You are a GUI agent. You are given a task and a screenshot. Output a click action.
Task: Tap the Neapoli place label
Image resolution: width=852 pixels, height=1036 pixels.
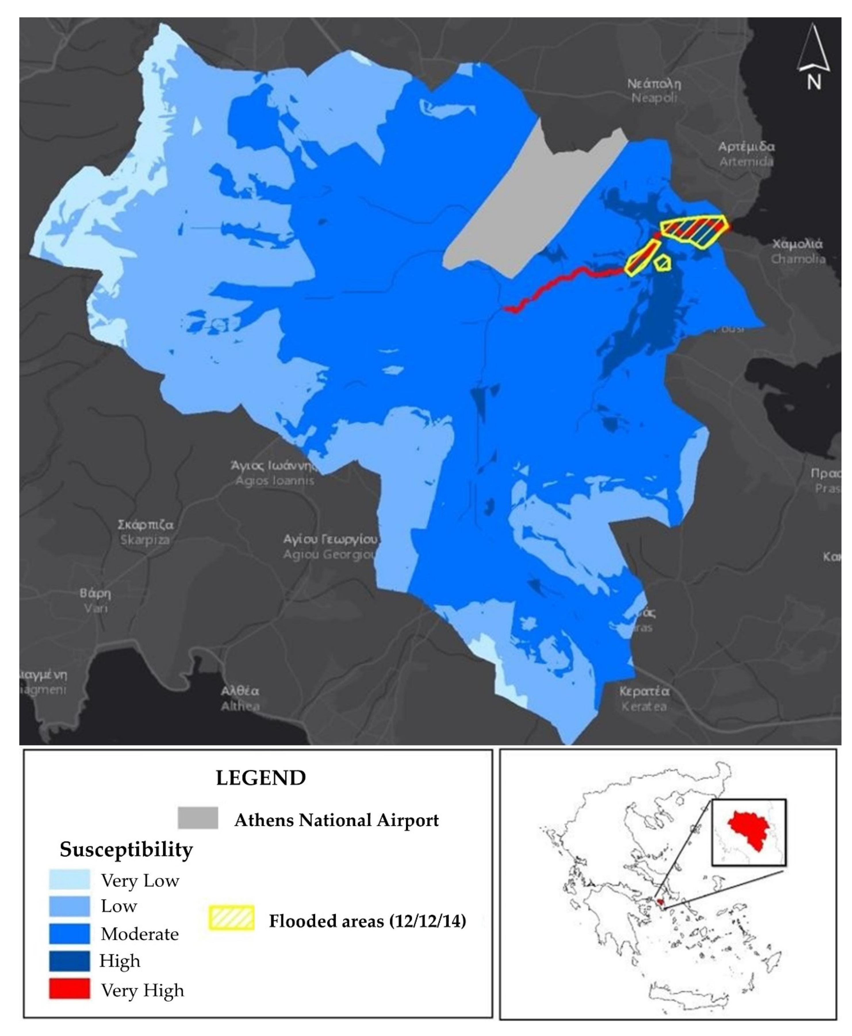tap(654, 91)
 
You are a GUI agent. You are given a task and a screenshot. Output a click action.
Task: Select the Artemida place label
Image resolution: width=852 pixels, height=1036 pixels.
tap(746, 154)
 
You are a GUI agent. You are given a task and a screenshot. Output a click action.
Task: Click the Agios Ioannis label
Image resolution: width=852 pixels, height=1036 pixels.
tap(274, 473)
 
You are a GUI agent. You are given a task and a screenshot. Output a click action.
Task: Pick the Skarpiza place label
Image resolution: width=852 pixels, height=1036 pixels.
tap(145, 532)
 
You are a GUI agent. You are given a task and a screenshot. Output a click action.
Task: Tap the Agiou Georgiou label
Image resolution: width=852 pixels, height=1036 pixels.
tap(330, 547)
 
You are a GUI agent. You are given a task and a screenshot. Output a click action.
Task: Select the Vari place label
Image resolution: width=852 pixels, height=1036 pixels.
tap(96, 601)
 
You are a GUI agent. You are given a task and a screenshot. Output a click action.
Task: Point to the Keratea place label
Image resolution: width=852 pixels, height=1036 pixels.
tap(644, 699)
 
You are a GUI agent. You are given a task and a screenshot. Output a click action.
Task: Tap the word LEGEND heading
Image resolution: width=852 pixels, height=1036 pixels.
tap(261, 778)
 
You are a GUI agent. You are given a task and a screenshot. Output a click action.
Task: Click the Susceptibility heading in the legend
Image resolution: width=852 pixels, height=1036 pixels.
tap(126, 850)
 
